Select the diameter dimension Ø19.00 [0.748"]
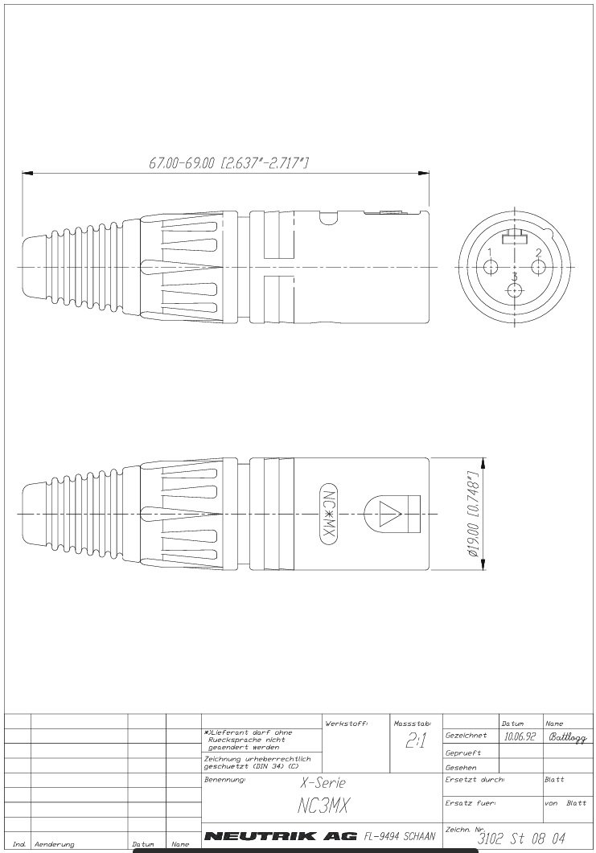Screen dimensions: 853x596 tap(473, 515)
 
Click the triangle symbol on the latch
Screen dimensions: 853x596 tap(391, 514)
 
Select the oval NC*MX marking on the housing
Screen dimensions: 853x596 tap(327, 515)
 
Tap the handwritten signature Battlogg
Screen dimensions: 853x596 tap(567, 736)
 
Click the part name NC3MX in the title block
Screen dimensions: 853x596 tap(320, 805)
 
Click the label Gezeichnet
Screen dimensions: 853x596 tap(466, 736)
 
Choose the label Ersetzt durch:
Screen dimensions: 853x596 tap(474, 780)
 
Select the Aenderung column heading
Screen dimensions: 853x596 tap(54, 845)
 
